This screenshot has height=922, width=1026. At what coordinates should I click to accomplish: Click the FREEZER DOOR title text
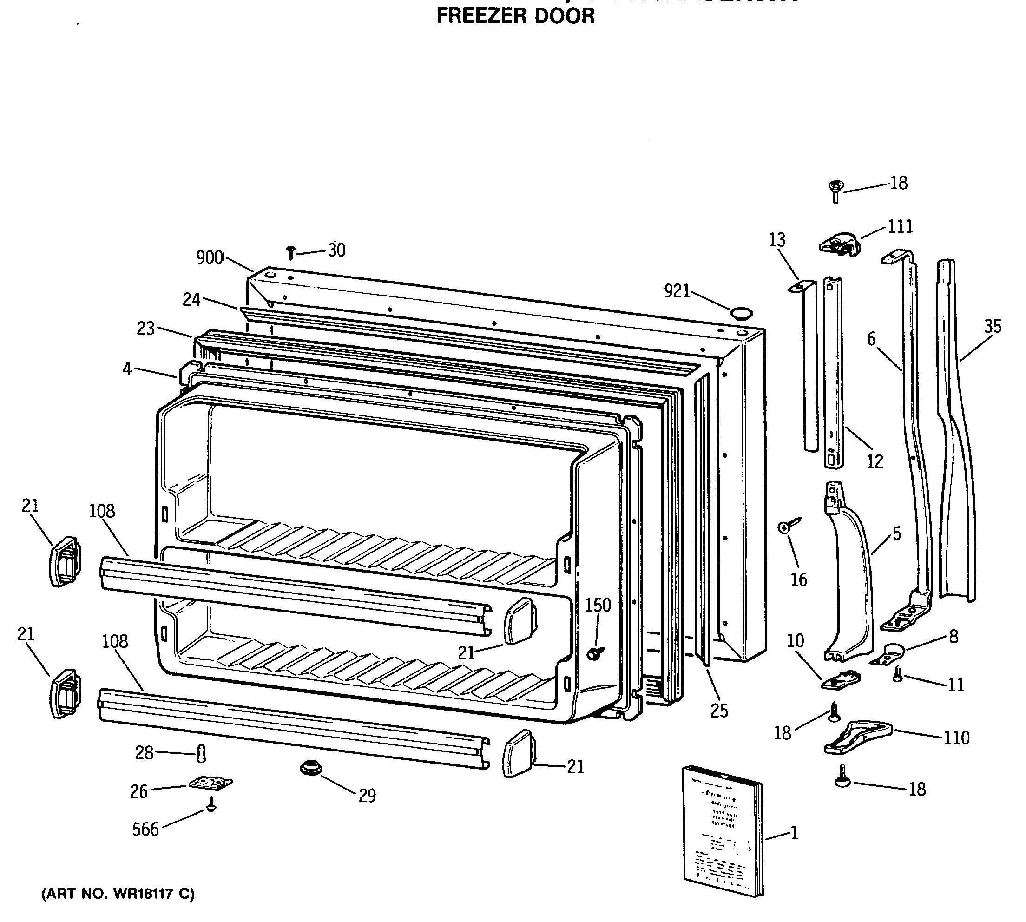515,16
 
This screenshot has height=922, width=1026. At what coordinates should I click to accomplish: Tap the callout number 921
677,291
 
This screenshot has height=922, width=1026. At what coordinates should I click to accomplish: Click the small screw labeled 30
291,253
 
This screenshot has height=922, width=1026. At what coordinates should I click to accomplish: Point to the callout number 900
210,258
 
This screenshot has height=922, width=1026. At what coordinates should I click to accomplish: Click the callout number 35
993,326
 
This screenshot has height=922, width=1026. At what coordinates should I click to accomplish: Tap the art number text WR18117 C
118,894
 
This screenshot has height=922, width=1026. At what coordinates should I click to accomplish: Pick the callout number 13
777,240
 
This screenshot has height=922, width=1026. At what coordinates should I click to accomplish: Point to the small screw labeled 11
897,674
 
